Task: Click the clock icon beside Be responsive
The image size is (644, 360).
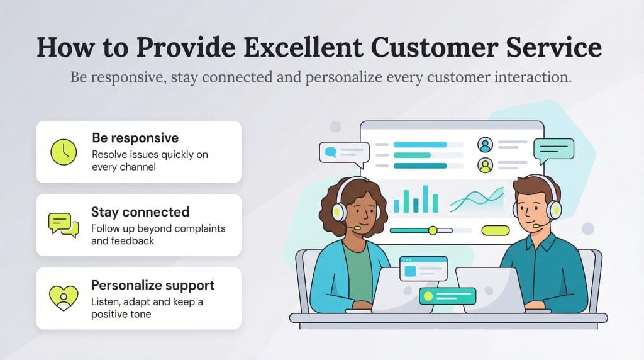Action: [63, 152]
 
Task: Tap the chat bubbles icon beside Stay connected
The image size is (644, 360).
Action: [64, 225]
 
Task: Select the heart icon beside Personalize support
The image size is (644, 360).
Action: [63, 298]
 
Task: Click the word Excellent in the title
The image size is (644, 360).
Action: [306, 48]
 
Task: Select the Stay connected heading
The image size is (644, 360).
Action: [140, 211]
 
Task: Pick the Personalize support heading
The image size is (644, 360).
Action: [153, 284]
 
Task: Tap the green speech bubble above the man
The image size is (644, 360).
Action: [553, 150]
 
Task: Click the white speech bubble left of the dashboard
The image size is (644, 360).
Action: [343, 152]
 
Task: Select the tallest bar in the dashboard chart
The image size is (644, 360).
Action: [426, 198]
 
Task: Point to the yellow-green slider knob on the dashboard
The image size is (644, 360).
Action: [433, 230]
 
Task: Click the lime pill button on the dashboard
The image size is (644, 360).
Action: [495, 230]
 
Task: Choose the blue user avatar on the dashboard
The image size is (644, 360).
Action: [485, 145]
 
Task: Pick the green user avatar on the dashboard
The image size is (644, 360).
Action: [485, 165]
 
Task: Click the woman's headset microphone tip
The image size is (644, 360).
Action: [357, 228]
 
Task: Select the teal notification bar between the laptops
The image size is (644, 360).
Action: [448, 295]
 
